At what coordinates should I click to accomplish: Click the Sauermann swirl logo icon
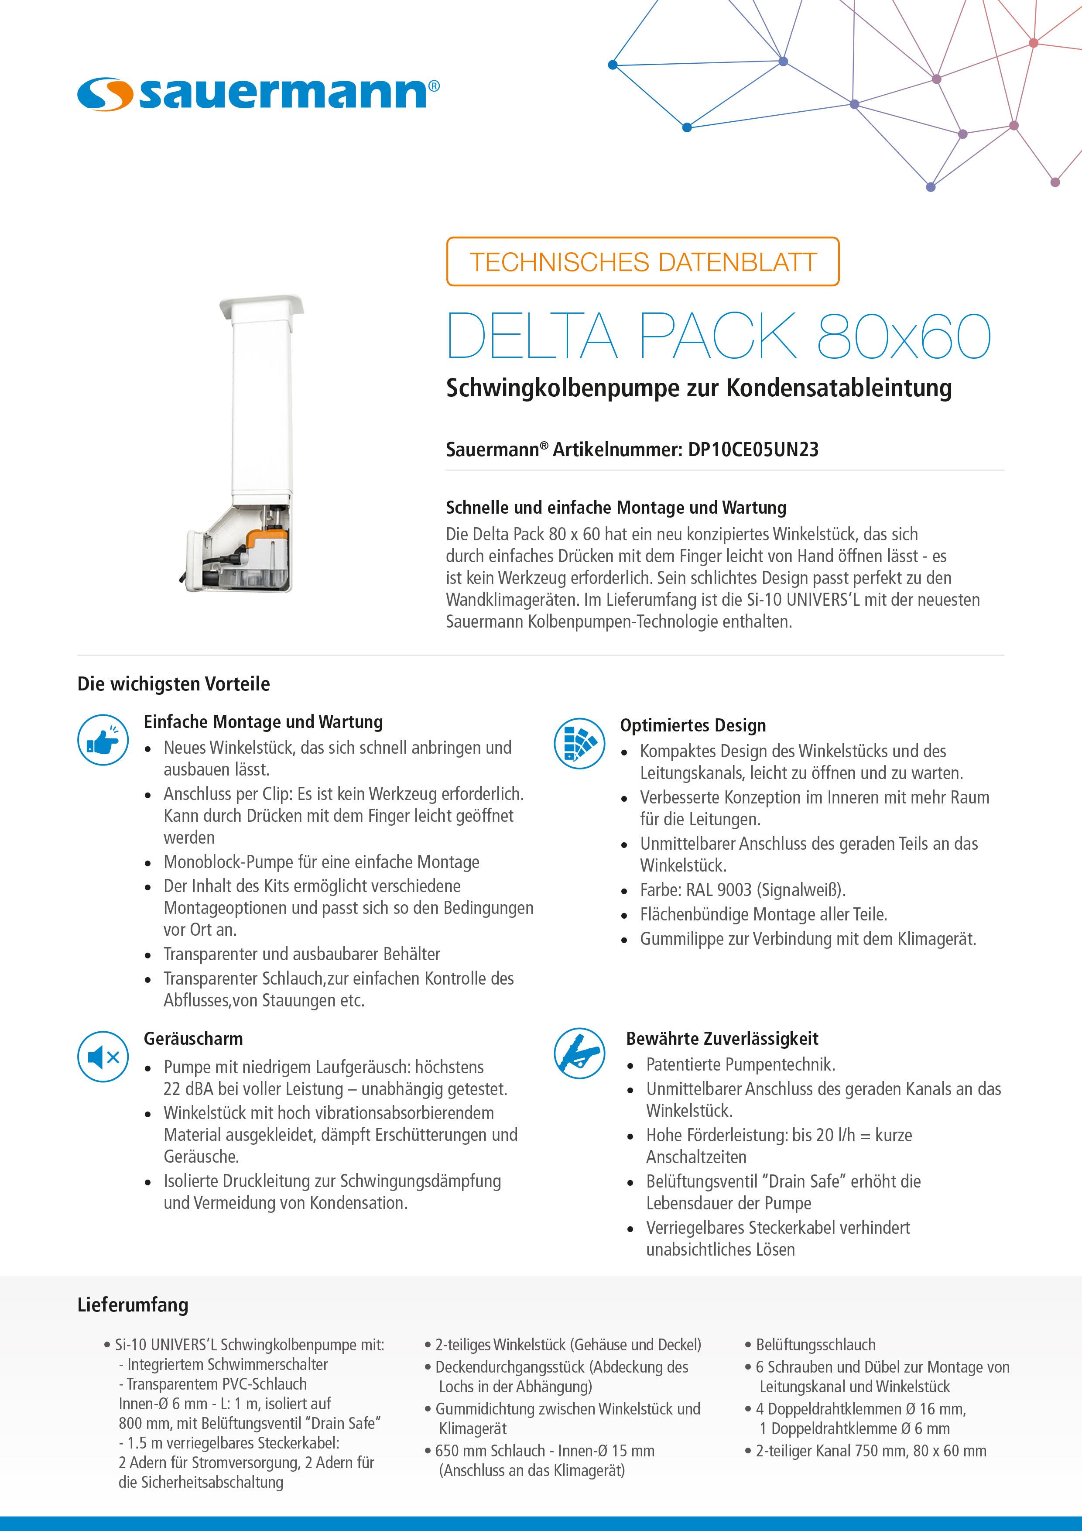coord(105,94)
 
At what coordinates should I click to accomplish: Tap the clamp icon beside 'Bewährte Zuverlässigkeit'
coord(579,1054)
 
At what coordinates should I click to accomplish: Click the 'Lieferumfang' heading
coord(133,1305)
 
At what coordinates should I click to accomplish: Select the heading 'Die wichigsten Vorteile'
coord(173,684)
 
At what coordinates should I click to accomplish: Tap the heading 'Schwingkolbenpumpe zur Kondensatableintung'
coord(699,388)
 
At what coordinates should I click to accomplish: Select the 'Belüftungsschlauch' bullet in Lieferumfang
coord(815,1345)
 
